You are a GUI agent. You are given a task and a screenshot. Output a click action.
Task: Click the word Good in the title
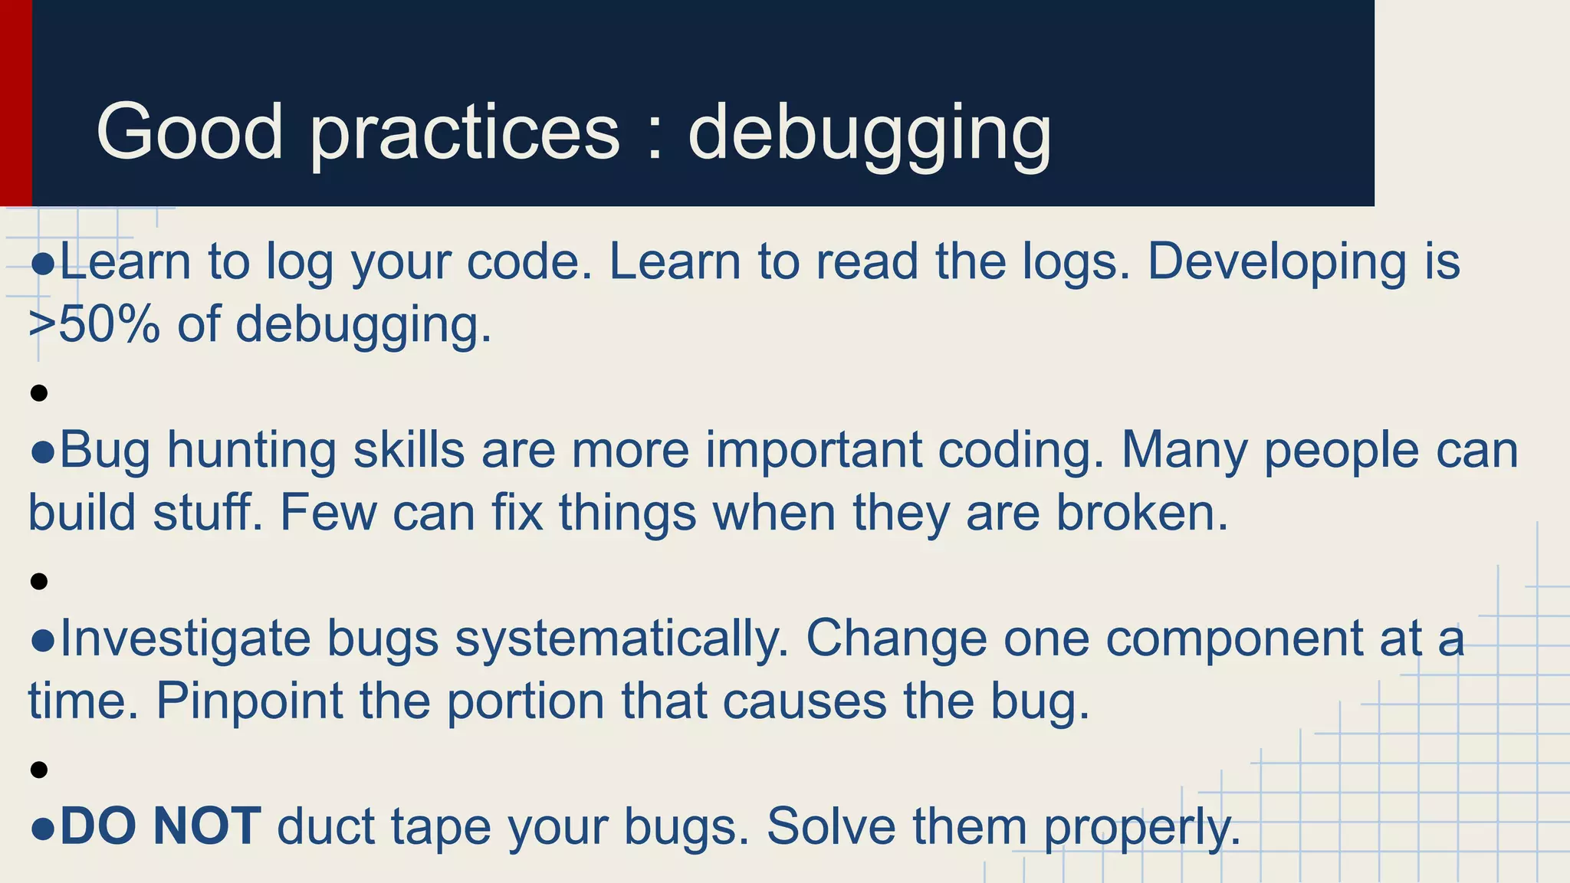(x=189, y=132)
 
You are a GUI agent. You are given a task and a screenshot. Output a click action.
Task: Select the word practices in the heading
(x=465, y=134)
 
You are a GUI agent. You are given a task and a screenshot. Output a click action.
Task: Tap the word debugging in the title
(x=869, y=134)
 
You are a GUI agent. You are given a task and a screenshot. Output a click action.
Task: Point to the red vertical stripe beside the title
(x=15, y=103)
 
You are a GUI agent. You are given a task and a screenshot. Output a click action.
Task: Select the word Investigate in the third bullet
(x=185, y=639)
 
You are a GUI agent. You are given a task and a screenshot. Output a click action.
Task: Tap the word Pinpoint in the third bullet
(x=249, y=702)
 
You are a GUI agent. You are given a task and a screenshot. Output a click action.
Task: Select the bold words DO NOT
(x=160, y=827)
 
